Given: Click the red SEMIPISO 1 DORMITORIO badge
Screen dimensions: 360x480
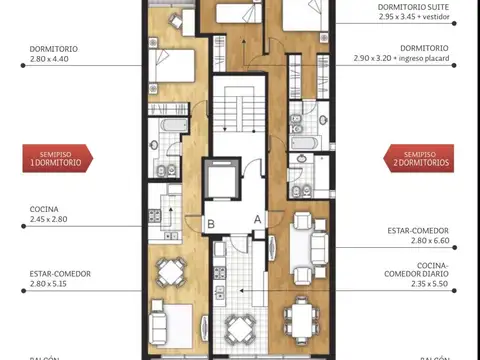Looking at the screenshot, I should [57, 157].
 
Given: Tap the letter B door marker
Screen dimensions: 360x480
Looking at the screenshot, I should [211, 223].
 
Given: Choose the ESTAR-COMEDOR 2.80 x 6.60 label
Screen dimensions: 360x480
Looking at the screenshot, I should [418, 235].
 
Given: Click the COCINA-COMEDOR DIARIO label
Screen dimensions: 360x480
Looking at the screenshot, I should [418, 278].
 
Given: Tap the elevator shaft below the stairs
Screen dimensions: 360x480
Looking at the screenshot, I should [220, 179].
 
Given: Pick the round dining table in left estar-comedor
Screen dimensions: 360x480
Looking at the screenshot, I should [173, 272].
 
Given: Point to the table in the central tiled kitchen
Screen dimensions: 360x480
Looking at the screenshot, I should [238, 325].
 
